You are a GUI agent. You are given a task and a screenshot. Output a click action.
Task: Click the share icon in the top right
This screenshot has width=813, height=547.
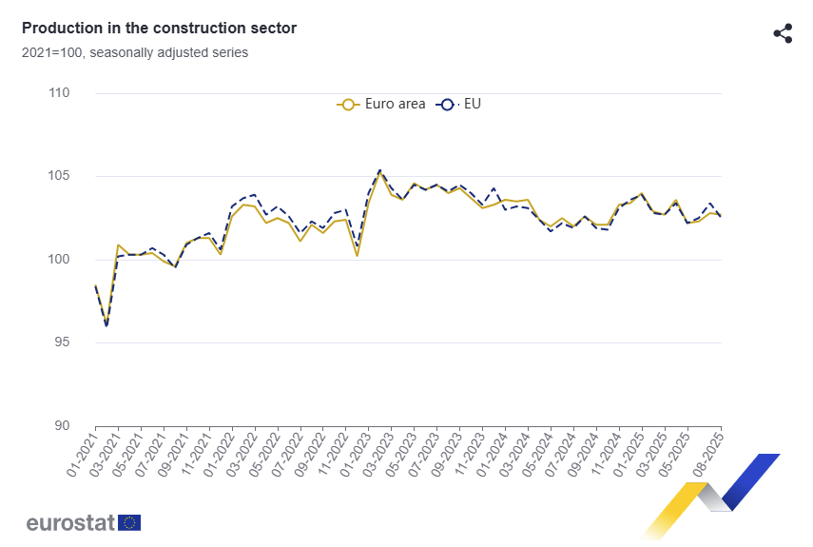pos(783,34)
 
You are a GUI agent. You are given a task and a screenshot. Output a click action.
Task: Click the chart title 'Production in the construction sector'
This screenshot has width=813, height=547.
pos(159,29)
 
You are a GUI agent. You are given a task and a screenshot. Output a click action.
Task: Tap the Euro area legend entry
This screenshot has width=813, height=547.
pos(381,104)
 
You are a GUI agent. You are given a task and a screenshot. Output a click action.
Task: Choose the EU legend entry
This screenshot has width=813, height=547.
pos(459,104)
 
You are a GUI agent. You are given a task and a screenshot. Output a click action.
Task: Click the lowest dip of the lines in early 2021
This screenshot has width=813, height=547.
pos(106,325)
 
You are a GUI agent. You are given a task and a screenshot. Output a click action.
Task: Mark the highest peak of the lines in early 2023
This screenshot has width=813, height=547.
pos(380,171)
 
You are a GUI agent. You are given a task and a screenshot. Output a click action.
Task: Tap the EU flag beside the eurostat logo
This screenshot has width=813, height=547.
pos(129,522)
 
